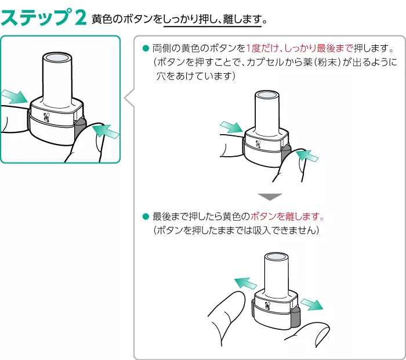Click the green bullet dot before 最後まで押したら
(146, 217)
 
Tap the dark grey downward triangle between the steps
(270, 196)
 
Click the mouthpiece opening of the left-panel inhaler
(57, 59)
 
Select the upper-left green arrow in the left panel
(13, 96)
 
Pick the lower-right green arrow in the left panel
(104, 132)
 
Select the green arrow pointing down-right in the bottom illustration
(311, 303)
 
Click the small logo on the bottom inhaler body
(267, 304)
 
